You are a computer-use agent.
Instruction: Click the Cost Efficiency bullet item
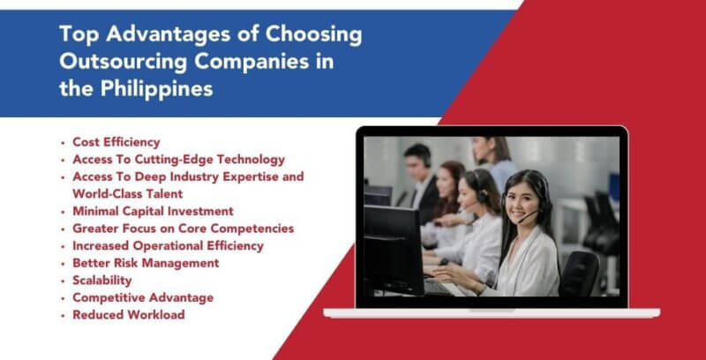[x=116, y=142]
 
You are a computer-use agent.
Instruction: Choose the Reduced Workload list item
[x=128, y=315]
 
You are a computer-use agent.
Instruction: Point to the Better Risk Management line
[x=146, y=263]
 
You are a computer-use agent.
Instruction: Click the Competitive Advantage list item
[x=142, y=297]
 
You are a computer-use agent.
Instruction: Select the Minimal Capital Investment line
[x=153, y=211]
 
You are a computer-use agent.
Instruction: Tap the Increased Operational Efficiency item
[x=168, y=245]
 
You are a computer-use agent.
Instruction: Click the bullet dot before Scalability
[x=63, y=281]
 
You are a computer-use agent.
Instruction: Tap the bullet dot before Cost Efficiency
[x=63, y=143]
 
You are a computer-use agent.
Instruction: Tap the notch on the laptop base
[x=492, y=311]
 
